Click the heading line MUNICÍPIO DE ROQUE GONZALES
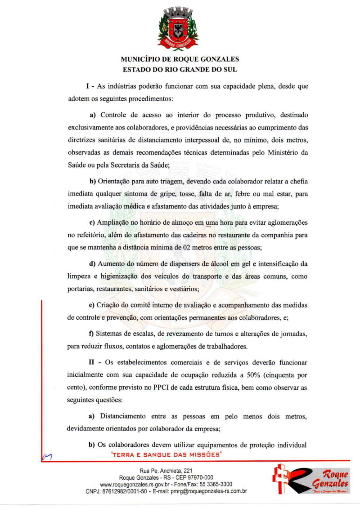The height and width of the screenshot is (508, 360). pyautogui.click(x=180, y=59)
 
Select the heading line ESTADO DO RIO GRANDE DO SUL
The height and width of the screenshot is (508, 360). pyautogui.click(x=180, y=70)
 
